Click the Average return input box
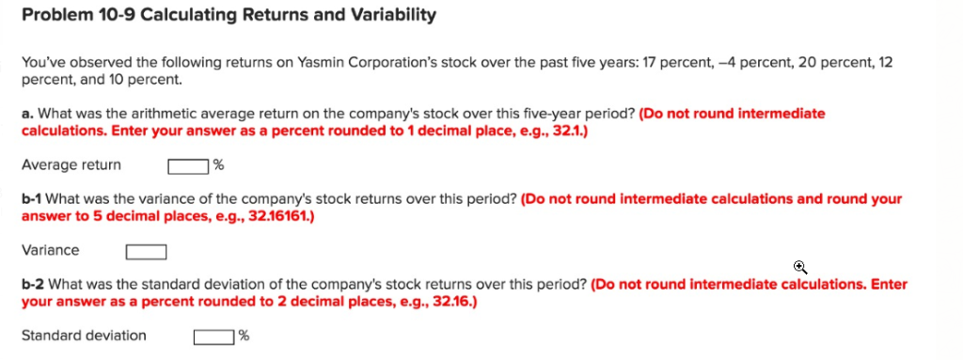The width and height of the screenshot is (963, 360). click(188, 166)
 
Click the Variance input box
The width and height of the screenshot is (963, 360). click(146, 251)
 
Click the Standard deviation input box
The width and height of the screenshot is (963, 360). click(214, 337)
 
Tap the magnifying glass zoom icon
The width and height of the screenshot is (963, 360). click(800, 267)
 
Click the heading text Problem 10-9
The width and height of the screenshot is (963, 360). click(68, 15)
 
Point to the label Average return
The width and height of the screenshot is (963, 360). click(71, 165)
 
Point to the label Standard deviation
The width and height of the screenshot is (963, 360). click(84, 336)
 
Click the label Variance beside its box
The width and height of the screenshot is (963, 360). click(50, 250)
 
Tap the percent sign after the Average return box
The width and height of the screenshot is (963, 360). click(218, 166)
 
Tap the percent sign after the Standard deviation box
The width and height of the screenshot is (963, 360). click(245, 337)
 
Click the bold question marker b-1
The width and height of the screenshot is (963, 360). click(31, 199)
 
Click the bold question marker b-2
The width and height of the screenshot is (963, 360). click(32, 284)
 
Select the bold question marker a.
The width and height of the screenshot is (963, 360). click(26, 114)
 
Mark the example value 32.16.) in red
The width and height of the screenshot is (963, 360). click(451, 302)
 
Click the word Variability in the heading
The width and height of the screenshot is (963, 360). click(390, 15)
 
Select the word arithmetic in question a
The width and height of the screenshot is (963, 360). click(136, 114)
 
